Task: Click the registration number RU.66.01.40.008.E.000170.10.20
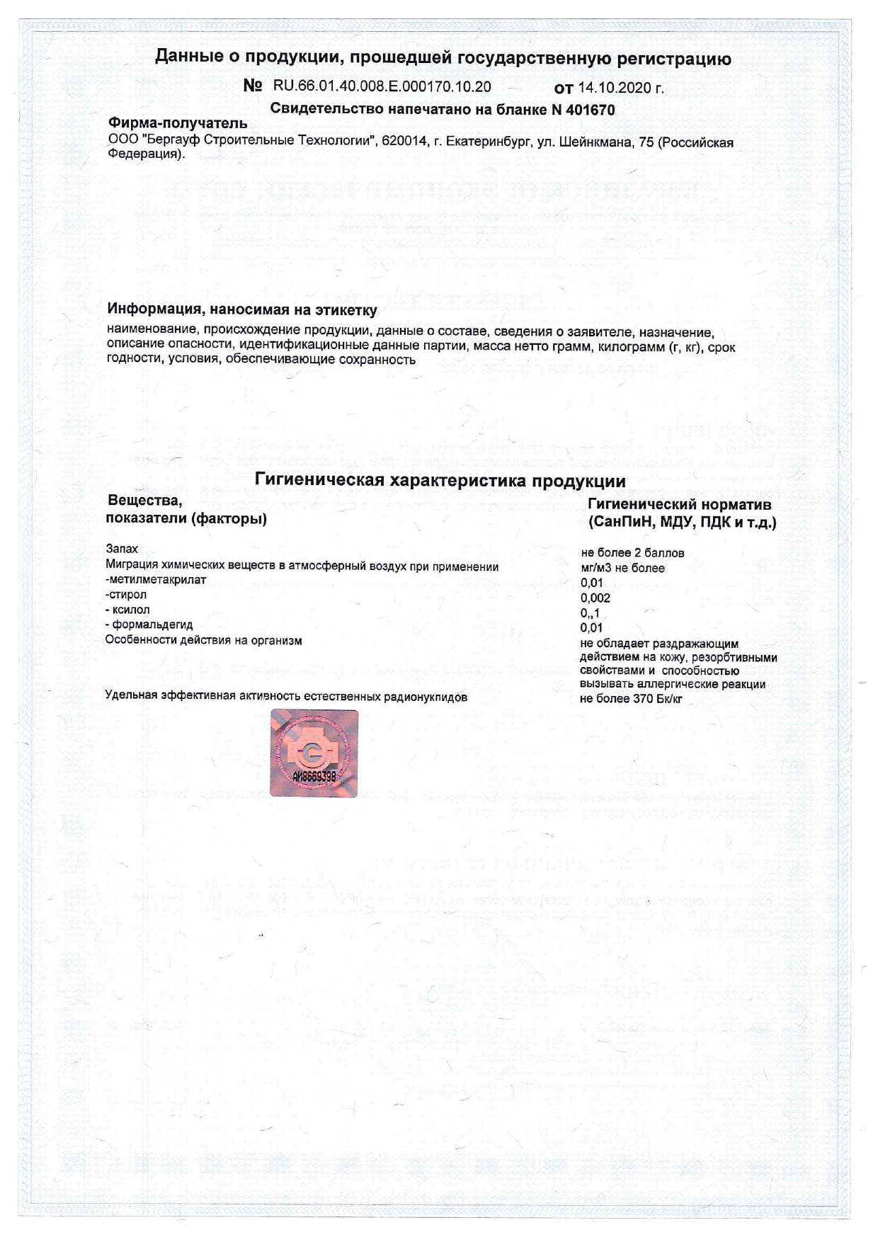tap(382, 87)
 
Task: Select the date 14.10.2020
tap(620, 89)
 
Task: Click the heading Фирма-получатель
tap(177, 124)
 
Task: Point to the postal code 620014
tap(404, 142)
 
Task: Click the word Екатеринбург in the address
tap(481, 142)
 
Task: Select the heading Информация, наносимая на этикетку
tap(242, 309)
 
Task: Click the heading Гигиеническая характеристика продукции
tap(440, 481)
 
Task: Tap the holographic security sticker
tap(314, 753)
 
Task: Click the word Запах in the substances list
tap(122, 549)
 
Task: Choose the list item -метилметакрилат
tap(156, 579)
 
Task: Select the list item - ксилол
tap(127, 610)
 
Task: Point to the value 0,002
tap(595, 598)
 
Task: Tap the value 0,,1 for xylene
tap(590, 613)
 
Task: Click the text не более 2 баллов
tap(632, 553)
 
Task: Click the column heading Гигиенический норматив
tap(679, 505)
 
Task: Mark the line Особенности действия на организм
tap(204, 641)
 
